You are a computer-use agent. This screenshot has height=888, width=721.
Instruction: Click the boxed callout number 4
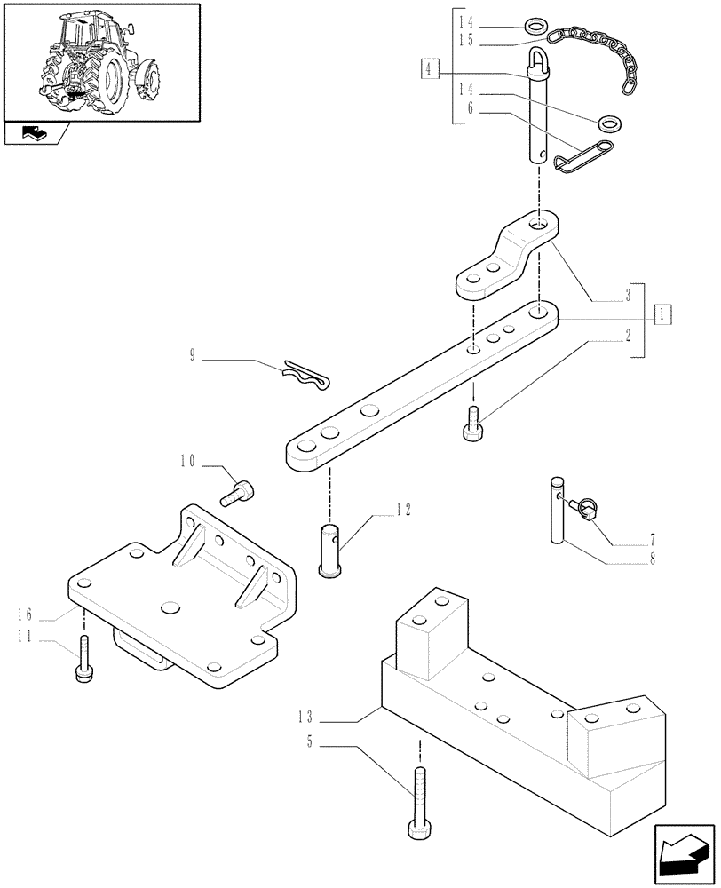[431, 67]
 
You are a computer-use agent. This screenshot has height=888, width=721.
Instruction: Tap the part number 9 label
[193, 356]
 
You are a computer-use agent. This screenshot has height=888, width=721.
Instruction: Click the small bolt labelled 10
[242, 490]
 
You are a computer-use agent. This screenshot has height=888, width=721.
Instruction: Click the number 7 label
[653, 539]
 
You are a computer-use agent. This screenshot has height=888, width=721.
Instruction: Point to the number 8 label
[653, 560]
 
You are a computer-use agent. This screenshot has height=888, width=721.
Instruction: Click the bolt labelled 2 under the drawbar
[472, 422]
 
